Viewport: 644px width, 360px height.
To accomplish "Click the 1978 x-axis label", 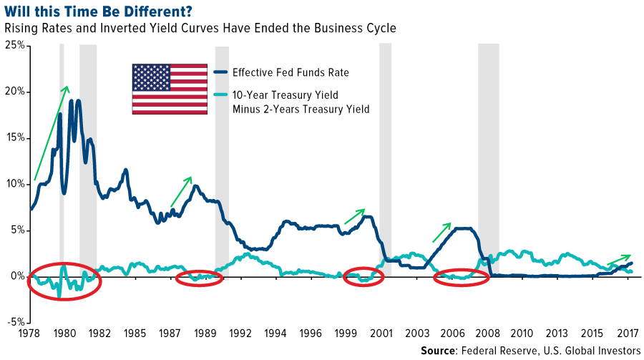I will click(x=29, y=334).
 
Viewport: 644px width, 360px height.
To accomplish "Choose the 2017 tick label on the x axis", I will click(x=628, y=334).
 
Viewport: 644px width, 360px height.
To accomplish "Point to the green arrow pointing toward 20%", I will click(x=51, y=133).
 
